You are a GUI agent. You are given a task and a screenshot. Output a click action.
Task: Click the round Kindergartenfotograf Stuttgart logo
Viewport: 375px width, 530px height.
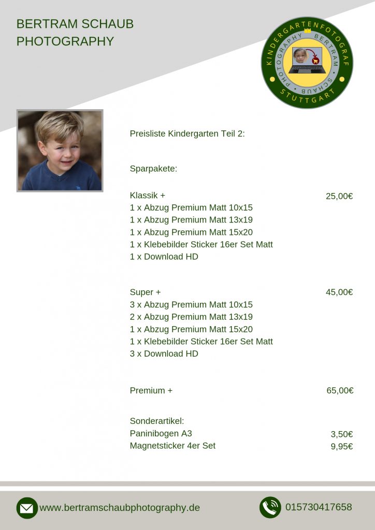307,63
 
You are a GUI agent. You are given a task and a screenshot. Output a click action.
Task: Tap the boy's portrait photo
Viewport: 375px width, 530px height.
60,151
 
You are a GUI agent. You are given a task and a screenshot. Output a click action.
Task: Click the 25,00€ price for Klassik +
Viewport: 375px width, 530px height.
339,196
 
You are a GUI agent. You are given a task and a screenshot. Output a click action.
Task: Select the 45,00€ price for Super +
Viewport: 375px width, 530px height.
339,292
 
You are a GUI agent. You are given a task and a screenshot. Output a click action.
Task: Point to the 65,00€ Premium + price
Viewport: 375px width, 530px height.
340,391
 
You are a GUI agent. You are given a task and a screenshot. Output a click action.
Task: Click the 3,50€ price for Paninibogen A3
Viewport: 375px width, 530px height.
342,434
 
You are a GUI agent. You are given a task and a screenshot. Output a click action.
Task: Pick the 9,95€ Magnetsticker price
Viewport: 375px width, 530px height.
342,446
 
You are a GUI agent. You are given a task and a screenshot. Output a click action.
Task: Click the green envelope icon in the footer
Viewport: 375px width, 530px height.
27,508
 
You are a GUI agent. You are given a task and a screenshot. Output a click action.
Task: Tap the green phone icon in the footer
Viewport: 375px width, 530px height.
270,507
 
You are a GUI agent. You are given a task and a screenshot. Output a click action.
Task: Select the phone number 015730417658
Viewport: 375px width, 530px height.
319,507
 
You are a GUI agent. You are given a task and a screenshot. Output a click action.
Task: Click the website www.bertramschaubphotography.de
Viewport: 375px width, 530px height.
120,508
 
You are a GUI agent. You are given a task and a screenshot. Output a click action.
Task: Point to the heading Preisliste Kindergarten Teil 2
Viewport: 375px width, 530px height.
187,134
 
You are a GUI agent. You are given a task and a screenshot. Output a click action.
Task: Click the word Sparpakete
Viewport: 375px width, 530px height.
153,168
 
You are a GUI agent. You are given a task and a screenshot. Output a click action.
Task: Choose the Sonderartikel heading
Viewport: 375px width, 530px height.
157,421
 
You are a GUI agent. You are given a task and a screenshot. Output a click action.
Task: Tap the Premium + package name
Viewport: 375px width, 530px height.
151,391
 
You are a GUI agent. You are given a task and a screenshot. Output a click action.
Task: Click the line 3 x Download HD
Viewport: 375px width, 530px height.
164,354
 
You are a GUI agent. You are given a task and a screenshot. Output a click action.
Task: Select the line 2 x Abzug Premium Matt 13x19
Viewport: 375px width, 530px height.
191,317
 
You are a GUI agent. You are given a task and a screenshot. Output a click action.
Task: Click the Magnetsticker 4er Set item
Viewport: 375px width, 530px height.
172,446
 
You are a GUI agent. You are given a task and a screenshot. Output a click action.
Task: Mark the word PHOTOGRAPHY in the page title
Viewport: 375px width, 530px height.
65,41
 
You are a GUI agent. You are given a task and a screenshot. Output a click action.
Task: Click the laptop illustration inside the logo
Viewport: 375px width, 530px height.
307,62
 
